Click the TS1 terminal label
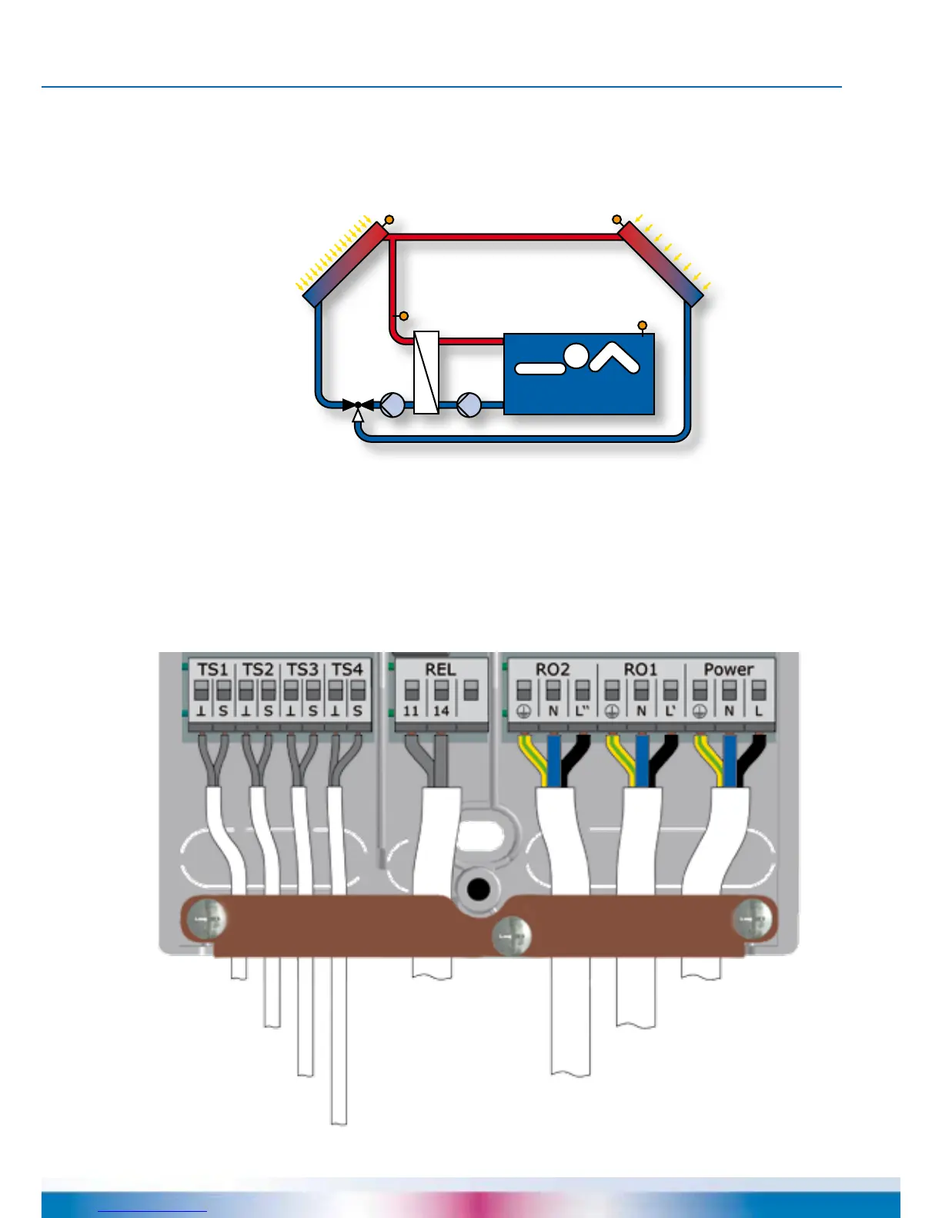(212, 669)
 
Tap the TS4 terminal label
(346, 669)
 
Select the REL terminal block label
(440, 669)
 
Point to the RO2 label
(553, 669)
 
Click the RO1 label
(640, 669)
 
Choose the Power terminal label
(728, 669)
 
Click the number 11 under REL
(412, 710)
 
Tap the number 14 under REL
(441, 710)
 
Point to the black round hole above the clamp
(479, 890)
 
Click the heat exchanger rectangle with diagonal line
(426, 373)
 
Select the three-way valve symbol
(358, 404)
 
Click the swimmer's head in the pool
(576, 355)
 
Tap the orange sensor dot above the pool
(643, 325)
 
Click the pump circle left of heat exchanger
(392, 404)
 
